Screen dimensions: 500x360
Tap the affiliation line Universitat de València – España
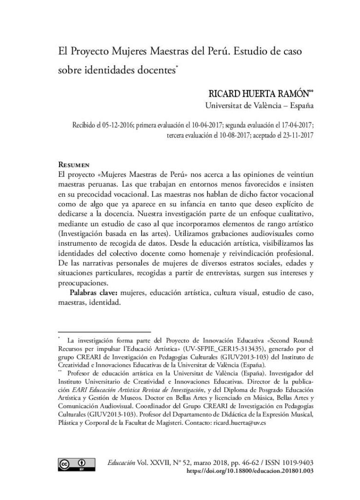pos(259,105)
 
